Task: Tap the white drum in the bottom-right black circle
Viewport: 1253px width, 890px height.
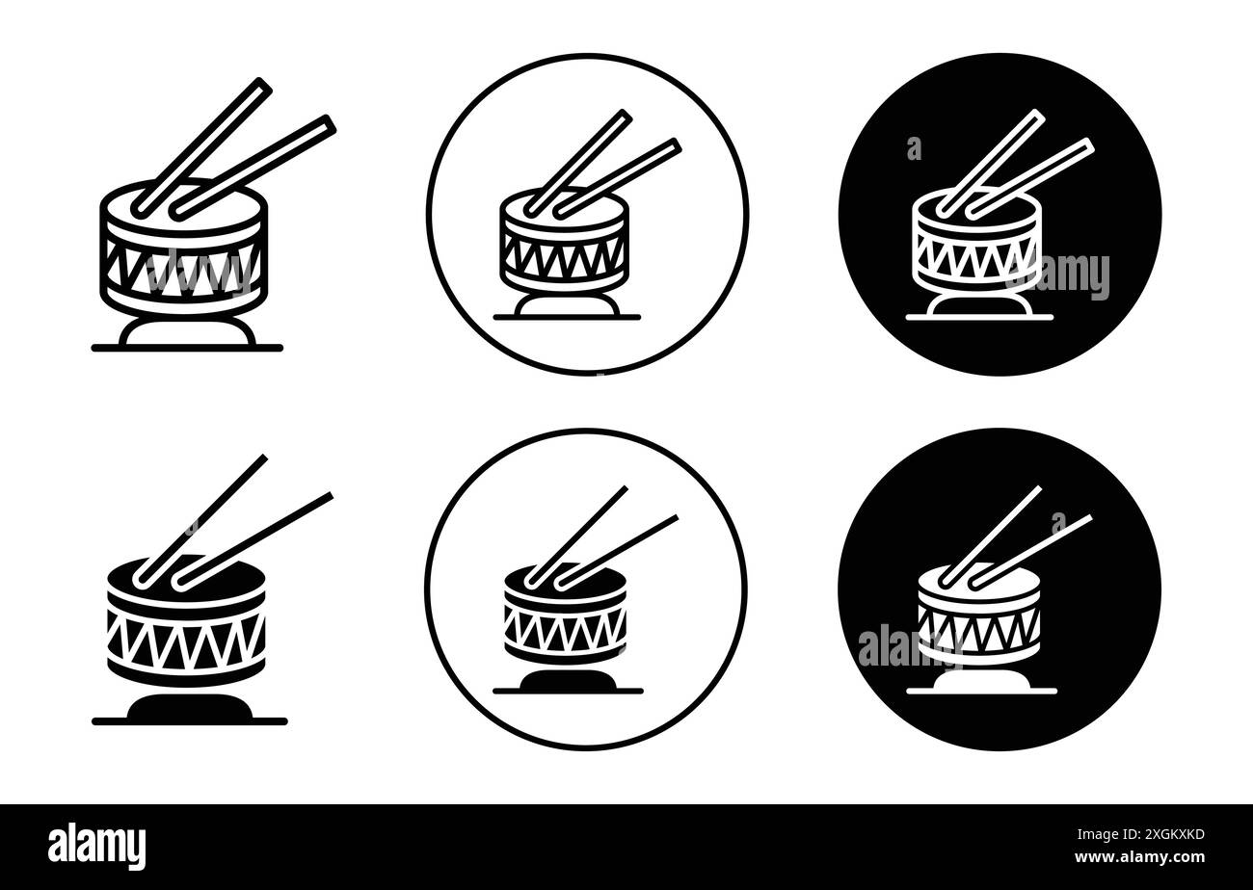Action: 979,621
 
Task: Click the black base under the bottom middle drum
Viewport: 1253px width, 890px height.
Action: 567,682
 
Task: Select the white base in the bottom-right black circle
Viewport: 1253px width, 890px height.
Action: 979,682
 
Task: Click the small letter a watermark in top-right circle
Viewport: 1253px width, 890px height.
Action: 913,148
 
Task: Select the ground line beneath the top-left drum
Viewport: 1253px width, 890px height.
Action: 188,348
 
